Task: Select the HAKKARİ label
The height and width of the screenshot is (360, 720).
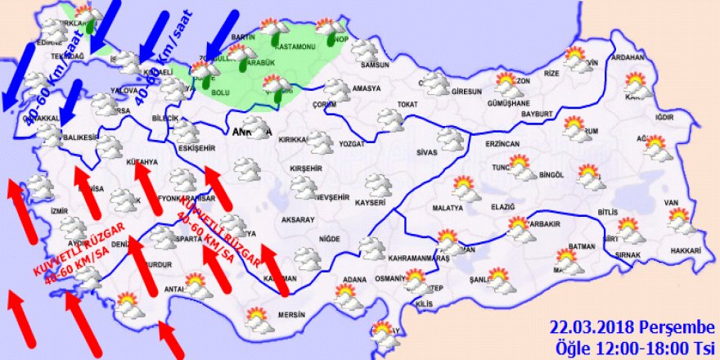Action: (x=686, y=250)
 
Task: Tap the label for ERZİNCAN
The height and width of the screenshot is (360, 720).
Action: (x=502, y=143)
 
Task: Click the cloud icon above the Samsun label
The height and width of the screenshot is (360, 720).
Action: (x=366, y=48)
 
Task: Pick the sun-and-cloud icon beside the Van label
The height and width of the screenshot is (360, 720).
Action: (x=678, y=219)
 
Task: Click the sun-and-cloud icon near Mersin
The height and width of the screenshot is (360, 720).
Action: (x=259, y=320)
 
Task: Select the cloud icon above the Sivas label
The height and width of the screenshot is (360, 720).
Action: (x=449, y=137)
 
